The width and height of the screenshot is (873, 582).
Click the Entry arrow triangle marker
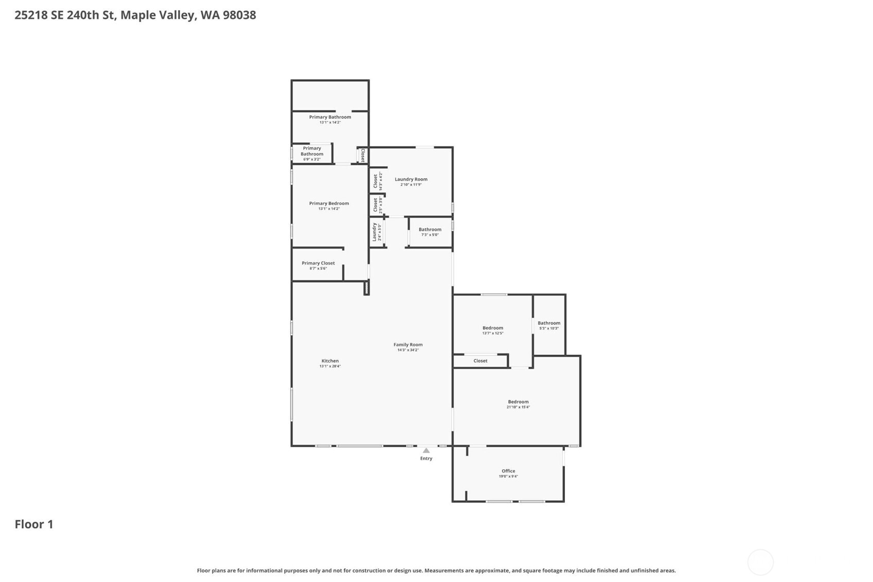coord(426,451)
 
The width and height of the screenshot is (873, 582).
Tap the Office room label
coord(508,471)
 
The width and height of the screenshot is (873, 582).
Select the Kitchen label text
coord(330,361)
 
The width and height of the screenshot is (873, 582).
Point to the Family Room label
coord(408,345)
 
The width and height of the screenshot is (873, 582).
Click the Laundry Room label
coord(411,179)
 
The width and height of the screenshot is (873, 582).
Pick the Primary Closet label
coord(318,263)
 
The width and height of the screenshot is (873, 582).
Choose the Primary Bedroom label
coord(329,203)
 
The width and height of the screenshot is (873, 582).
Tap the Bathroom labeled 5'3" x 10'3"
coord(549,323)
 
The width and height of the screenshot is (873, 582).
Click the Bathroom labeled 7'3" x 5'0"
coord(430,230)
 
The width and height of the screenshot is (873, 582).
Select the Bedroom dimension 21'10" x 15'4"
coord(518,407)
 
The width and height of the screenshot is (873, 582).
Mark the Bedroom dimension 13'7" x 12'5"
coord(492,333)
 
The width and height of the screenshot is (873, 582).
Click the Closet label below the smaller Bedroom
coord(480,361)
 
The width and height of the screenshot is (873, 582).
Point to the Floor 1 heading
coord(34,524)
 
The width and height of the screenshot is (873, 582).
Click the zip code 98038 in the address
coord(239,15)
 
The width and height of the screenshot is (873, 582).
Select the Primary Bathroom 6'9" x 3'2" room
coord(312,153)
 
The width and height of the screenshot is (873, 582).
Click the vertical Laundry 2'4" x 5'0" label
coord(375,232)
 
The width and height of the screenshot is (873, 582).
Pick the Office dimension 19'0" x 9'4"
coord(508,477)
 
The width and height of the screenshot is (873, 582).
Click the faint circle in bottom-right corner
coord(760,562)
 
